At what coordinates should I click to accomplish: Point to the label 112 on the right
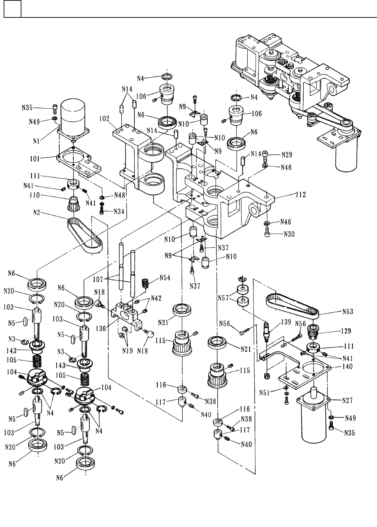300,195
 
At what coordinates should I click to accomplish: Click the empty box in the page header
12,9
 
